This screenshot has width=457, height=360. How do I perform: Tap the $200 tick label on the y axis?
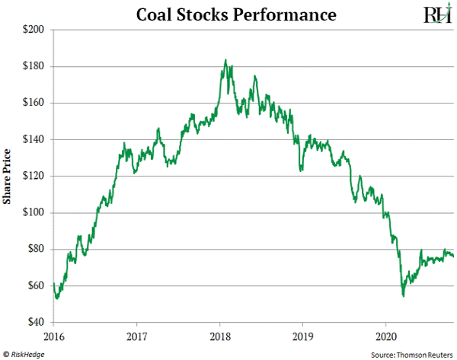click(36, 30)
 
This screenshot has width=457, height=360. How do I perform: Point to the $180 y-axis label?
click(36, 66)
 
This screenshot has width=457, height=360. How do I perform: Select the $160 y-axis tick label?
click(36, 103)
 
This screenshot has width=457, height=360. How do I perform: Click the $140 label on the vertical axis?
click(36, 139)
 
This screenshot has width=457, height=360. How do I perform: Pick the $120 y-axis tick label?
click(36, 176)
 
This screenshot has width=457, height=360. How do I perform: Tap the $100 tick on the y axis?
click(36, 212)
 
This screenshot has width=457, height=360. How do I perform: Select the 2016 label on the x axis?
click(53, 336)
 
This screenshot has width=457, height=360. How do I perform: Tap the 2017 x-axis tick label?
click(136, 336)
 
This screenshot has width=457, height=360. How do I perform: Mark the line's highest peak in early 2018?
click(225, 60)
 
